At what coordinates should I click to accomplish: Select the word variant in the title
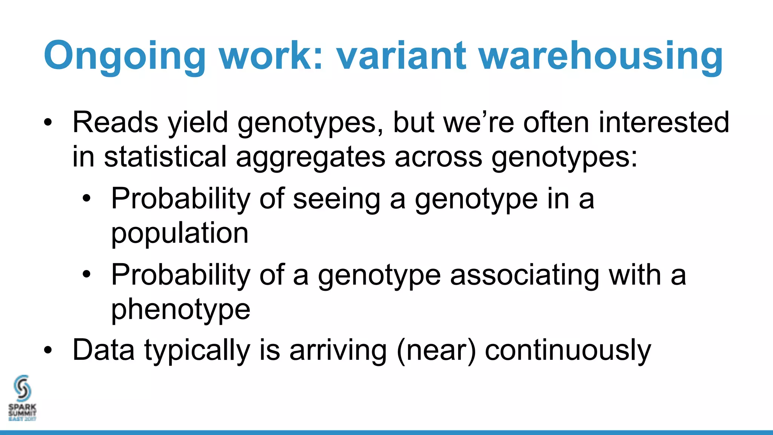pyautogui.click(x=401, y=56)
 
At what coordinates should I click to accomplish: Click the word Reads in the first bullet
pyautogui.click(x=115, y=122)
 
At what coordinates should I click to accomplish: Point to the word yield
pyautogui.click(x=198, y=123)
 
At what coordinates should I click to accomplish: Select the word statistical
pyautogui.click(x=165, y=156)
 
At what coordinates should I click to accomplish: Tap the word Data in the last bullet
pyautogui.click(x=103, y=350)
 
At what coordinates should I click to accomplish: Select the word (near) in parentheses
pyautogui.click(x=436, y=350)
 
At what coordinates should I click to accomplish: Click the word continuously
pyautogui.click(x=568, y=350)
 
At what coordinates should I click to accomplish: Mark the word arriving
pyautogui.click(x=338, y=350)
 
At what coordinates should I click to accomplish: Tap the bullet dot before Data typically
pyautogui.click(x=48, y=350)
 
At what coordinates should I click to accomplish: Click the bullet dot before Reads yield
pyautogui.click(x=48, y=122)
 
